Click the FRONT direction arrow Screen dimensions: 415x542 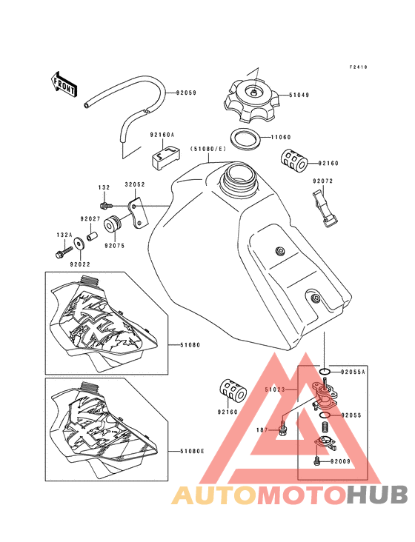click(x=63, y=85)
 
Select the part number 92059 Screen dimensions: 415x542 click(x=186, y=93)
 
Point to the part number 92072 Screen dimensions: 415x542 click(x=322, y=181)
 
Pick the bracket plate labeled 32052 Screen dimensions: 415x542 click(x=139, y=213)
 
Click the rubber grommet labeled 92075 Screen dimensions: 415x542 click(x=113, y=225)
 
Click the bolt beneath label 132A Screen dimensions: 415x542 click(x=64, y=252)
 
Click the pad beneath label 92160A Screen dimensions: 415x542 click(x=166, y=157)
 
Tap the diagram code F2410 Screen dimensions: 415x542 click(x=358, y=67)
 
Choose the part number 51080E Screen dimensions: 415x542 click(x=192, y=451)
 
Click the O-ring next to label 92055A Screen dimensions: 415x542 click(x=325, y=372)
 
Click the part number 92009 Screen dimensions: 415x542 click(x=340, y=461)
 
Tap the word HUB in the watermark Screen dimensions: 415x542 click(x=377, y=495)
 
